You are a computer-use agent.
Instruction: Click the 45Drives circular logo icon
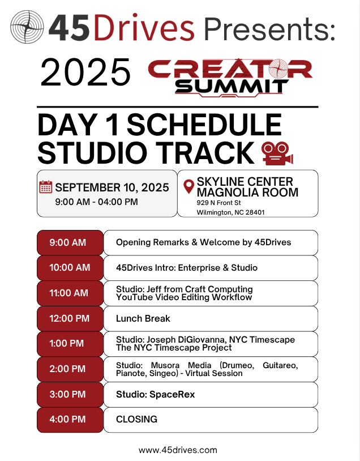[27, 27]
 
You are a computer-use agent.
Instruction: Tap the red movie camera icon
[277, 153]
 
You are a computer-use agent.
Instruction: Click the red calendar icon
[45, 187]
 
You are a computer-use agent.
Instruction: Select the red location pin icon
[188, 186]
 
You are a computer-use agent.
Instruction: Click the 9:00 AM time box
[70, 242]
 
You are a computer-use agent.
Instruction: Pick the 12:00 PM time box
[70, 318]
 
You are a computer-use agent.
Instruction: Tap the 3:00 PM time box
[70, 394]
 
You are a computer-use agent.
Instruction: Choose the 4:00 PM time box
[70, 420]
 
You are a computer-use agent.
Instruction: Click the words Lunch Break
[143, 318]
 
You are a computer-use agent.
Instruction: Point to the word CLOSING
[136, 419]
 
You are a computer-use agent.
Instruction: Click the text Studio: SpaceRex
[156, 394]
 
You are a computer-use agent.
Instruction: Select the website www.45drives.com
[178, 450]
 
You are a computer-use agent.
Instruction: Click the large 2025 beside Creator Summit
[85, 72]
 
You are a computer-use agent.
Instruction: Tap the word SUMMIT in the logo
[232, 87]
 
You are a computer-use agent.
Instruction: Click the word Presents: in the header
[269, 28]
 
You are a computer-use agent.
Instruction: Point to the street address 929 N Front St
[218, 203]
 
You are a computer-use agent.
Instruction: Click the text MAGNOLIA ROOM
[247, 193]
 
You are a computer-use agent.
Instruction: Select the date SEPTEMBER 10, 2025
[112, 187]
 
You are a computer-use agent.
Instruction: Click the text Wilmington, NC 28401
[231, 212]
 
